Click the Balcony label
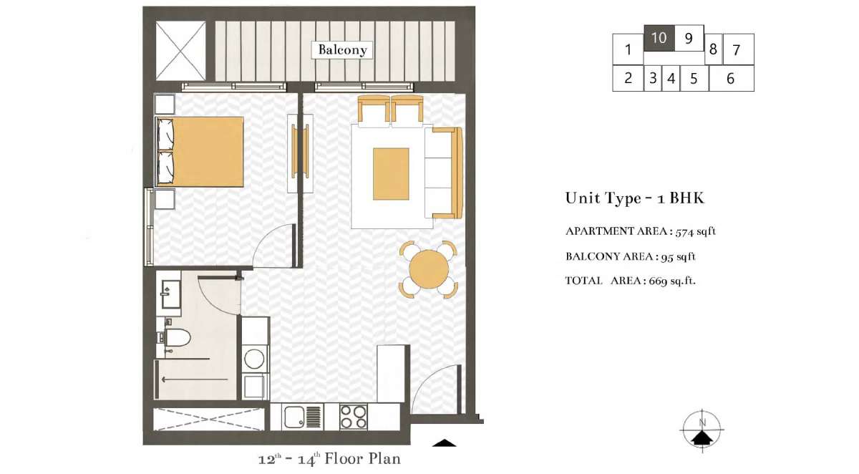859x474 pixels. [342, 50]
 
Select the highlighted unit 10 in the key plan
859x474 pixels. [659, 38]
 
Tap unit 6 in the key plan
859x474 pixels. [732, 79]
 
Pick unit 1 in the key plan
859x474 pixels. [628, 49]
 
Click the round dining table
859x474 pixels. [429, 269]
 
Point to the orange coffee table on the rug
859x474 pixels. [391, 174]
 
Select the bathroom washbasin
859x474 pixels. [171, 294]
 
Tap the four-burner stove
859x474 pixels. [353, 417]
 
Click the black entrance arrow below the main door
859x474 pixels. [444, 443]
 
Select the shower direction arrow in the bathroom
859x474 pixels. [195, 379]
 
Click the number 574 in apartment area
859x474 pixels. [685, 232]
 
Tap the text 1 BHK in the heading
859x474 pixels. [681, 198]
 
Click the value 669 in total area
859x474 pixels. [658, 281]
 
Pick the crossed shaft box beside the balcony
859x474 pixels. [180, 51]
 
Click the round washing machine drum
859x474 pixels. [254, 359]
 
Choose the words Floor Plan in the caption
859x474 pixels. [363, 459]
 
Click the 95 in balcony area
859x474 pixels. [667, 257]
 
